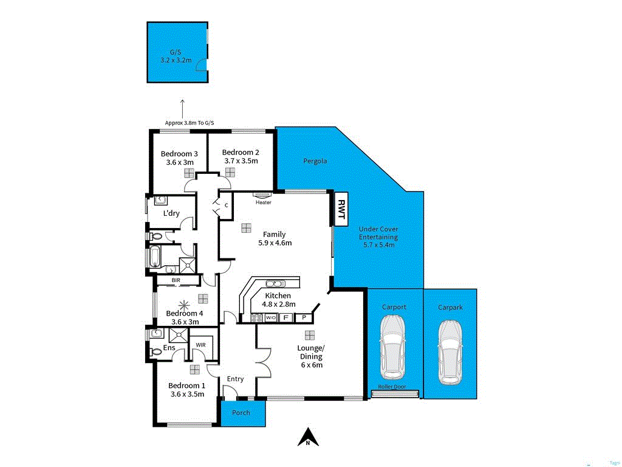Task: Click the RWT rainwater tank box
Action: tap(341, 209)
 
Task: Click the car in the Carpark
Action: tap(450, 352)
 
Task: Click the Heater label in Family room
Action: tap(263, 202)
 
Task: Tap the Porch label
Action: tap(241, 412)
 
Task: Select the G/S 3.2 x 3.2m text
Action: tap(176, 57)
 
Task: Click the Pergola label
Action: tap(315, 161)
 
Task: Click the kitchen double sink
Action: tap(274, 283)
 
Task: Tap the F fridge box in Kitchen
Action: tap(285, 317)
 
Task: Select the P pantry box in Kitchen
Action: tap(302, 317)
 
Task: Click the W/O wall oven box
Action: tap(270, 317)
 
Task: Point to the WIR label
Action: tap(200, 345)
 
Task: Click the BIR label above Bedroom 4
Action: tap(176, 280)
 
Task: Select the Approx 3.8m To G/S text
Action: tap(190, 123)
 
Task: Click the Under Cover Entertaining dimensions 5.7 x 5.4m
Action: tap(378, 245)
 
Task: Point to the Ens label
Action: tap(169, 348)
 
